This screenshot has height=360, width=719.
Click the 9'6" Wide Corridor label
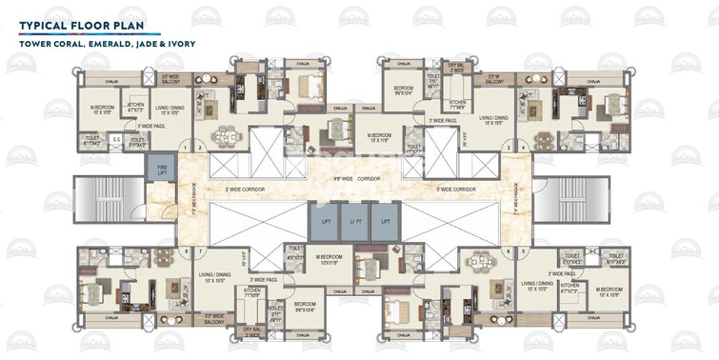click(360, 176)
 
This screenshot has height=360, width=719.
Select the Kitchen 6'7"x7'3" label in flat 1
click(136, 108)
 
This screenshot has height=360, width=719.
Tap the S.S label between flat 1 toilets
click(116, 144)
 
